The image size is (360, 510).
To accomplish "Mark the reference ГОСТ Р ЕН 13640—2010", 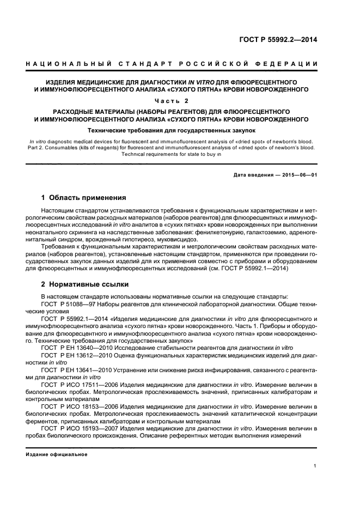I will (72, 347).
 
